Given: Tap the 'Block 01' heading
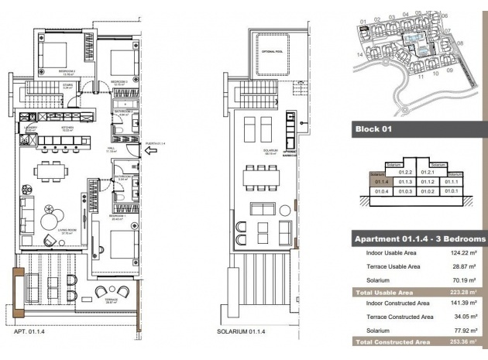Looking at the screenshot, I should click(x=376, y=129).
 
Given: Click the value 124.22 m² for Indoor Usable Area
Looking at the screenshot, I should click(x=461, y=253).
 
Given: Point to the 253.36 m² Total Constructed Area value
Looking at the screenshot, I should click(x=461, y=341).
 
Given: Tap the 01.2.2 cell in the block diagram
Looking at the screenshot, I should click(x=404, y=171).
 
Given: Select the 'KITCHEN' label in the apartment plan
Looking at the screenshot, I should click(x=67, y=128).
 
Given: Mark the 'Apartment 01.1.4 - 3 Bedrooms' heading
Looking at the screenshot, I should click(x=419, y=238).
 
